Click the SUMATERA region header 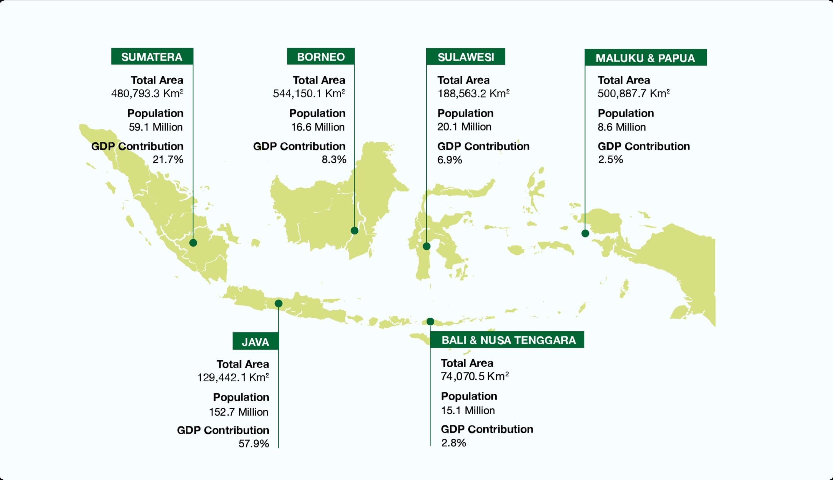[x=152, y=57]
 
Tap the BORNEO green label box [x=321, y=57]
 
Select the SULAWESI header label [x=465, y=57]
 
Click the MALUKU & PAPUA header [x=645, y=58]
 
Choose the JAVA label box [x=255, y=341]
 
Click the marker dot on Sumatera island [x=193, y=243]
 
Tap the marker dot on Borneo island [x=355, y=231]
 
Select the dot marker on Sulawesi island [x=426, y=246]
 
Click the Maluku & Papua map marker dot [x=585, y=233]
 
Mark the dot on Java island [x=279, y=303]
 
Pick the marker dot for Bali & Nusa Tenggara [x=430, y=321]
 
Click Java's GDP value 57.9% [x=254, y=444]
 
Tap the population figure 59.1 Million [x=156, y=127]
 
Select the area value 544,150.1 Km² [x=309, y=93]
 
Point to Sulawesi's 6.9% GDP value [x=450, y=160]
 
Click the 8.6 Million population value [x=622, y=127]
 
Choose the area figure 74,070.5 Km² [x=475, y=376]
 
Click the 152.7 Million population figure [x=239, y=412]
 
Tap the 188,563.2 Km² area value [x=473, y=93]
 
